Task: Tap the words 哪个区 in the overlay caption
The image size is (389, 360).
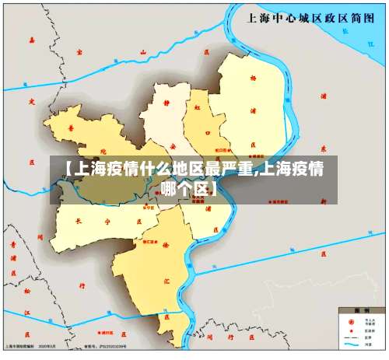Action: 187,189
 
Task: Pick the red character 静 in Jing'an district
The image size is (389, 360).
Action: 168,100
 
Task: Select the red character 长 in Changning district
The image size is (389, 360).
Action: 76,220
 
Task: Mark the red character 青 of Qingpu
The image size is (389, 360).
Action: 13,243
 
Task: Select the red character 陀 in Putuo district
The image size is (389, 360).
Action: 103,150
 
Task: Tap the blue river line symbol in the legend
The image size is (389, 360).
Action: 351,344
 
